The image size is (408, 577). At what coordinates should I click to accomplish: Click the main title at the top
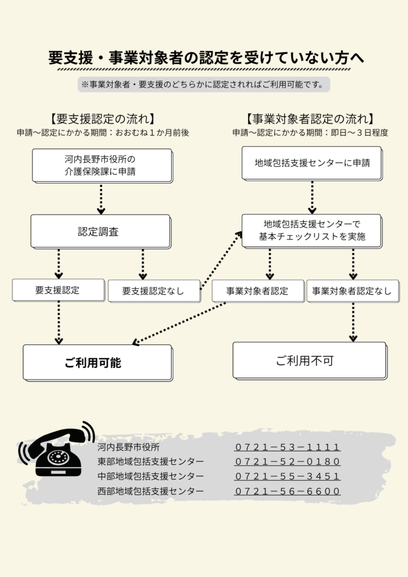pyautogui.click(x=204, y=58)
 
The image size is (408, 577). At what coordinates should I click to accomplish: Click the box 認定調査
pyautogui.click(x=100, y=231)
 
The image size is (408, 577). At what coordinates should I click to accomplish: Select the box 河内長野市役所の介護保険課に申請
pyautogui.click(x=101, y=165)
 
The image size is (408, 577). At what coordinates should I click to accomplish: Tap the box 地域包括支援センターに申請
pyautogui.click(x=312, y=163)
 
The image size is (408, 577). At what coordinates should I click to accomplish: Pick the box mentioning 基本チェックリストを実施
pyautogui.click(x=312, y=230)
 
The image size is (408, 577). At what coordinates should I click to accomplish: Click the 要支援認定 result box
pyautogui.click(x=58, y=290)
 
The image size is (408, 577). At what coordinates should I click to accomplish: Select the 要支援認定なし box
pyautogui.click(x=154, y=291)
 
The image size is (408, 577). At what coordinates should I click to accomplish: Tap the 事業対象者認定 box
pyautogui.click(x=258, y=291)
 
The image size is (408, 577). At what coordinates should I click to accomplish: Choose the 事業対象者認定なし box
pyautogui.click(x=352, y=291)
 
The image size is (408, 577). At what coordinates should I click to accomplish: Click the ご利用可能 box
pyautogui.click(x=97, y=362)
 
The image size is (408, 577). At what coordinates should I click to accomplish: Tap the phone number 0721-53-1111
pyautogui.click(x=287, y=447)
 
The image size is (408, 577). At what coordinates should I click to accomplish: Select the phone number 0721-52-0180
pyautogui.click(x=287, y=462)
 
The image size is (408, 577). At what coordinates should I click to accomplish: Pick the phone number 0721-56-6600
pyautogui.click(x=287, y=491)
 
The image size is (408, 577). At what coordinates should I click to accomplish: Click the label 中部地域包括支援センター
pyautogui.click(x=150, y=477)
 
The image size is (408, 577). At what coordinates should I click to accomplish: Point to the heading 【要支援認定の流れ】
pyautogui.click(x=102, y=119)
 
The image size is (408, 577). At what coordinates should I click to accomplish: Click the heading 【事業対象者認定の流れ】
pyautogui.click(x=311, y=119)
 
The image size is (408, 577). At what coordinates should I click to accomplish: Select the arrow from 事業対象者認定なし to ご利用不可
pyautogui.click(x=353, y=321)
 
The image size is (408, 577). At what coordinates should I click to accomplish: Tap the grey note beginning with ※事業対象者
pyautogui.click(x=203, y=85)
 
